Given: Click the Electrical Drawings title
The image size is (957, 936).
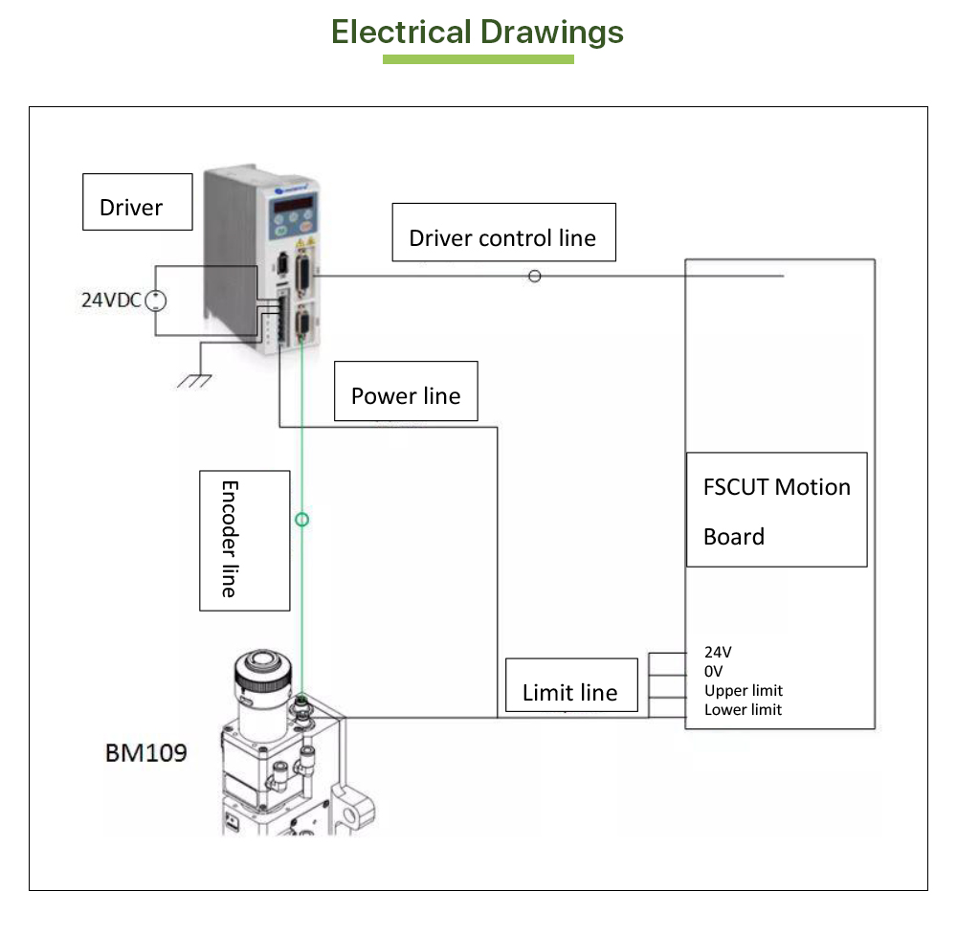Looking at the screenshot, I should tap(478, 32).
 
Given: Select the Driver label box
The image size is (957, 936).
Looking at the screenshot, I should tap(137, 202).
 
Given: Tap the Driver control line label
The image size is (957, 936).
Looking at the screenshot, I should tap(503, 233).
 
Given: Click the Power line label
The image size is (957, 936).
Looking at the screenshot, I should tap(406, 391).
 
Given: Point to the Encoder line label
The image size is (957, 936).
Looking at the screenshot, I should tap(243, 540).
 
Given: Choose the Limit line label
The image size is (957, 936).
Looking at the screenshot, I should tap(570, 686).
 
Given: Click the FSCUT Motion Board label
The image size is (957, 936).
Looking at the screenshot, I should tap(776, 510).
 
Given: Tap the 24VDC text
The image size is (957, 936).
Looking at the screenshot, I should tap(109, 300).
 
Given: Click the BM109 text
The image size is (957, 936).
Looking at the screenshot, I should tap(145, 753).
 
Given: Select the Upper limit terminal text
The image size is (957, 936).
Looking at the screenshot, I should tap(743, 691).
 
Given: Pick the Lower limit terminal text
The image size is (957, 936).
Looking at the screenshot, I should tap(743, 710).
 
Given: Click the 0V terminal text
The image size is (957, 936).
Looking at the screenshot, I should tap(714, 672).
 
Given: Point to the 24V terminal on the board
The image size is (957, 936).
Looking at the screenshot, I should tap(718, 653).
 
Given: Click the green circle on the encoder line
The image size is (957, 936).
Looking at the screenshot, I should tap(302, 520).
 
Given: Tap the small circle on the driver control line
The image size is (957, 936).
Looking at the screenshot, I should tap(535, 276).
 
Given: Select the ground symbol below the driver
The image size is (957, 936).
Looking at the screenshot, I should tap(194, 380).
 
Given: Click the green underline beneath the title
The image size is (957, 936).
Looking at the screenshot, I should tap(478, 59).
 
